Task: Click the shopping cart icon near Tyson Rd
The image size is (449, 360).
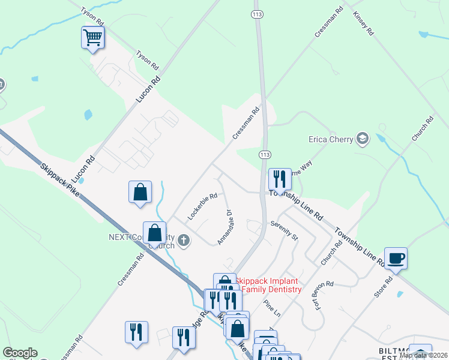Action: click(92, 38)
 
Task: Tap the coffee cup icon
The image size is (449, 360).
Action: click(396, 259)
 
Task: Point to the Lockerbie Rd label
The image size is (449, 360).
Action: click(202, 206)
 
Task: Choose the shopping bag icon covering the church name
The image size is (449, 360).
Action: click(154, 233)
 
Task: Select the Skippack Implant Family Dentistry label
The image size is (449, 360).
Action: click(267, 285)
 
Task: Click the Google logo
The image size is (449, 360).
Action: click(20, 353)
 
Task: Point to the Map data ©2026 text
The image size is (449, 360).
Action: click(423, 355)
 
